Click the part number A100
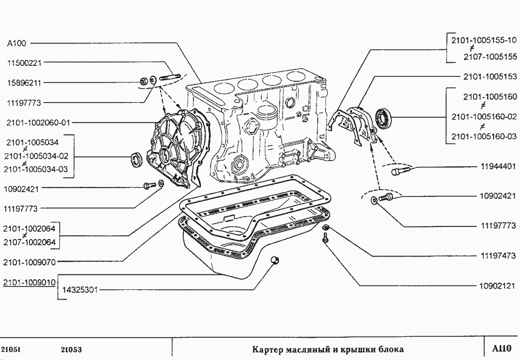tap(16, 43)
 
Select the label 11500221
tap(23, 62)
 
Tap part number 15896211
tap(23, 82)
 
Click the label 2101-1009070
tap(30, 263)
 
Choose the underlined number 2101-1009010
tap(30, 282)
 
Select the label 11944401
tap(498, 166)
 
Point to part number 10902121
tap(498, 285)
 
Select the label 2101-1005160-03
tap(484, 137)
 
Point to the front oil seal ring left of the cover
tap(138, 159)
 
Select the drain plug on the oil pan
tap(275, 260)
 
